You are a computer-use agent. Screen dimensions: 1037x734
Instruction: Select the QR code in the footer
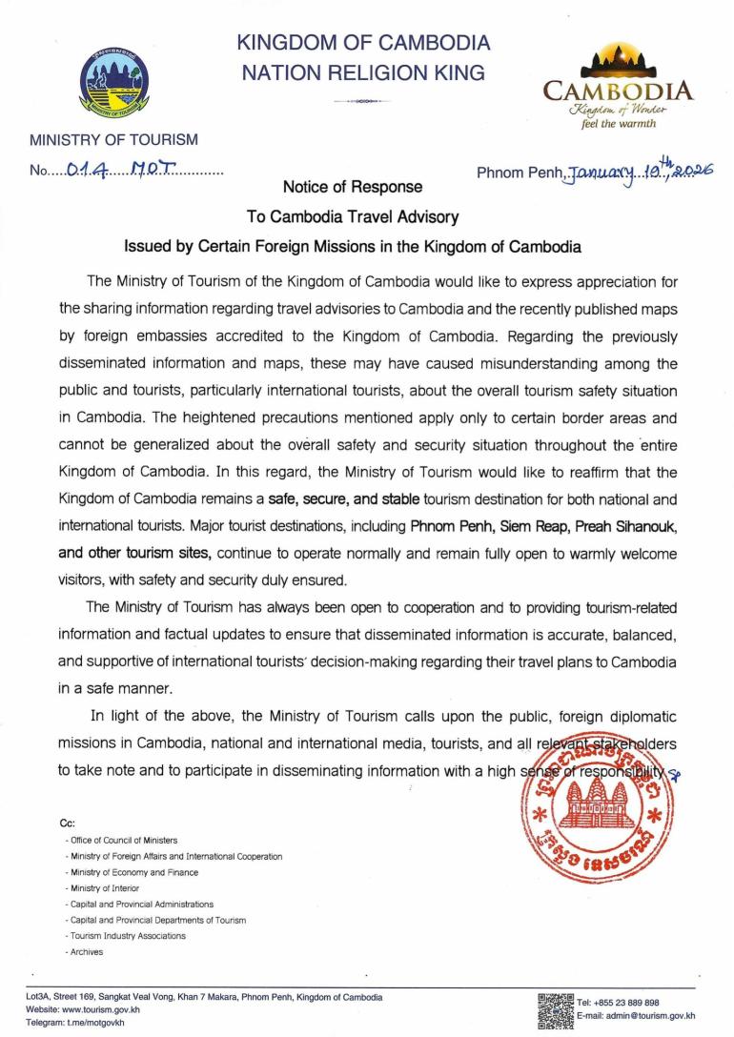pos(556,1009)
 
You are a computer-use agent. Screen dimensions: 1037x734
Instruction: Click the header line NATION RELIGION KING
pos(364,71)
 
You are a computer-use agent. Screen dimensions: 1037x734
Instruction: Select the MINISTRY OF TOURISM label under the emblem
pos(113,140)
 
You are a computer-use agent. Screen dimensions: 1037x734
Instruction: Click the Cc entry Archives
pos(87,951)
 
